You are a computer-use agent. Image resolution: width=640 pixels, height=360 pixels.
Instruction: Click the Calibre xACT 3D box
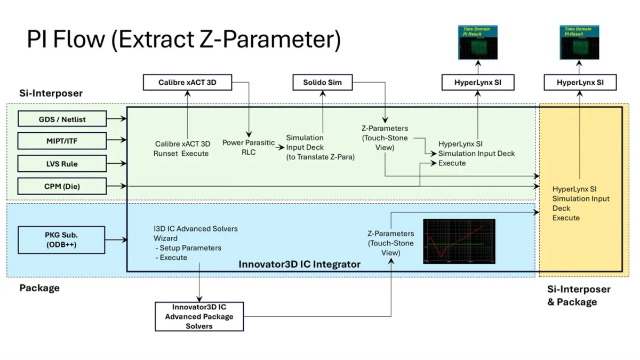point(187,83)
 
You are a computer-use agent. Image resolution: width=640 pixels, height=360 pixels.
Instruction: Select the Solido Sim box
point(322,83)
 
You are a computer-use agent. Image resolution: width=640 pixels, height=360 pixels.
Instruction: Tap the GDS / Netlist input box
point(62,119)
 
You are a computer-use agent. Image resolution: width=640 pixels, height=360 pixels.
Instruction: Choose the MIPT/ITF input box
point(62,141)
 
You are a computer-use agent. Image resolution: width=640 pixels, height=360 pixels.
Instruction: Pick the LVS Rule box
point(62,164)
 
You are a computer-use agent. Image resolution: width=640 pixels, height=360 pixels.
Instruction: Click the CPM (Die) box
point(62,187)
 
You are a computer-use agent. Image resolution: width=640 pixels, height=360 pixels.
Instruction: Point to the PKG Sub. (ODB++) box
point(62,240)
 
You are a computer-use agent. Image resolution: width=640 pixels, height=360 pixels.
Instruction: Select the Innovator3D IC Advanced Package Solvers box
point(199,316)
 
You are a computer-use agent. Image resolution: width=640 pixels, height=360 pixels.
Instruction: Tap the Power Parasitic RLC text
point(249,147)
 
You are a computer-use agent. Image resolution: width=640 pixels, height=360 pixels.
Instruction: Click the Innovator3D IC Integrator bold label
point(299,264)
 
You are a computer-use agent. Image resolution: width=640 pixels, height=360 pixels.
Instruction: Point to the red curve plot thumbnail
point(459,241)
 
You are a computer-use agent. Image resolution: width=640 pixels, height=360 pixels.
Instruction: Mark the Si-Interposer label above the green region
point(51,93)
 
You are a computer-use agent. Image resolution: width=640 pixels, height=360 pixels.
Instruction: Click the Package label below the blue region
point(39,288)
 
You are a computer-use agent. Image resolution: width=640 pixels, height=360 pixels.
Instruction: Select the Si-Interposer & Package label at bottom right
point(579,295)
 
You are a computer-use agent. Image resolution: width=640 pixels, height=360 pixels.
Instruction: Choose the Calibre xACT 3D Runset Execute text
point(182,149)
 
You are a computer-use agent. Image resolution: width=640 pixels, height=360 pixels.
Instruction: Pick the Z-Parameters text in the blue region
point(390,243)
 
